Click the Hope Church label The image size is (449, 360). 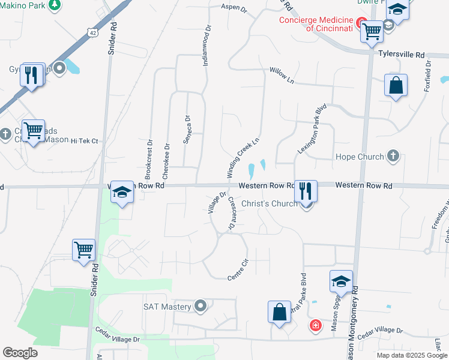coord(358,157)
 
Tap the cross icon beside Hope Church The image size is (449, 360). coord(393,156)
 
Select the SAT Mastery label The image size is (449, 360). coord(167,307)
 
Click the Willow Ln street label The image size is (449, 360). coord(282,75)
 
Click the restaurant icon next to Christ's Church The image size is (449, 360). coord(306,191)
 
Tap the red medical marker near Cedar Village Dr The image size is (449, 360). coord(315,326)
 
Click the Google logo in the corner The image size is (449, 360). coord(20,353)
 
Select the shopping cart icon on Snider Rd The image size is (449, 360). coord(84,249)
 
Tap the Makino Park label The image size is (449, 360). coord(24,5)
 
